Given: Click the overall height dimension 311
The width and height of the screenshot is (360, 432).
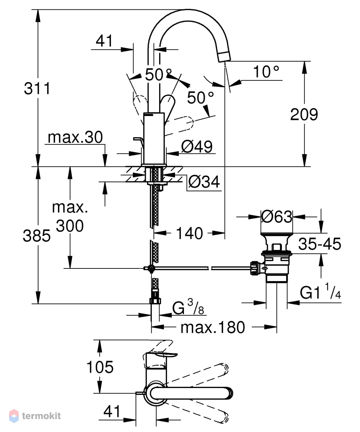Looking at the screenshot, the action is (37, 88).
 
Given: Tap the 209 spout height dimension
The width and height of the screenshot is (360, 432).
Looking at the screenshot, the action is (304, 115).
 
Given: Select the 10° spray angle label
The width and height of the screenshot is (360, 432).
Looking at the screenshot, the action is (266, 72).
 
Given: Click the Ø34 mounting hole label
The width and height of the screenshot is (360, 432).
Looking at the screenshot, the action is (204, 182).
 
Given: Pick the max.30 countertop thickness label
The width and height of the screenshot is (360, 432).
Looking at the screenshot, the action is (75, 137).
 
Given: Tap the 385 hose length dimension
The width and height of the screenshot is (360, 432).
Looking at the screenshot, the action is (37, 236).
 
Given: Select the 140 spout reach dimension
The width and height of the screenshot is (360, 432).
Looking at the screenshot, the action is (189, 233).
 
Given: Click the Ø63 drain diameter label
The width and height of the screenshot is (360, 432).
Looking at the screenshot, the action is (276, 217).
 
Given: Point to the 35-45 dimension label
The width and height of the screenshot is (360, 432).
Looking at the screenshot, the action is (320, 244).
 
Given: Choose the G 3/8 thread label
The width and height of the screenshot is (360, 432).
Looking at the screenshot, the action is (188, 307).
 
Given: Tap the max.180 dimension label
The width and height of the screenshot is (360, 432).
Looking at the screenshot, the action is (213, 327).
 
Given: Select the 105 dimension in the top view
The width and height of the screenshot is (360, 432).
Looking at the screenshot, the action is (100, 367).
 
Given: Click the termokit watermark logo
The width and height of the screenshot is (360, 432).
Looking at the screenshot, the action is (35, 415).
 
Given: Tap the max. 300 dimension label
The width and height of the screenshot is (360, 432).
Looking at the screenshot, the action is (70, 217).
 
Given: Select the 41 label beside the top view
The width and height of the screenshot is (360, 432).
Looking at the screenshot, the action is (112, 411).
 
